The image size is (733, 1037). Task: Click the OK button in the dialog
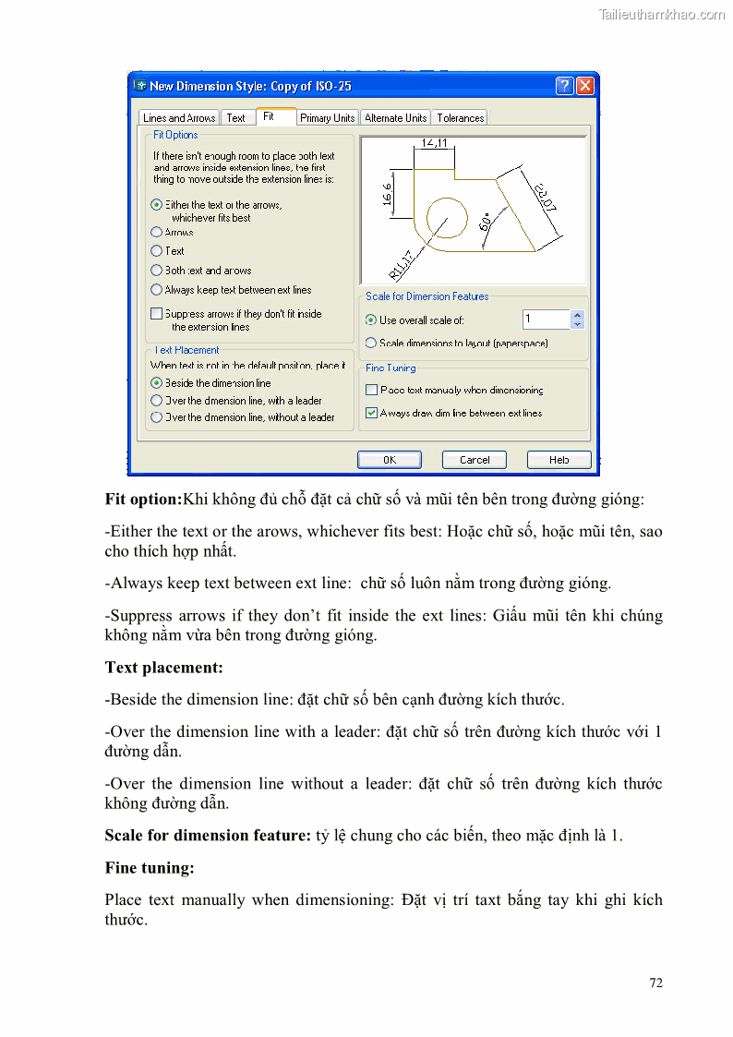(389, 460)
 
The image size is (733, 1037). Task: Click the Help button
(559, 460)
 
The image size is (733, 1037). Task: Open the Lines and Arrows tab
(179, 118)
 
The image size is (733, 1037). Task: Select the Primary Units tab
(327, 118)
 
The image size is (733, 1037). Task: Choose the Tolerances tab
(460, 118)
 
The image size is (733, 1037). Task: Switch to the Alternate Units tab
(395, 118)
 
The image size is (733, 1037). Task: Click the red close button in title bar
(584, 86)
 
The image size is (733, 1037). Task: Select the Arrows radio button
(157, 233)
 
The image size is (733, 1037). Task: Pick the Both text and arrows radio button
(157, 271)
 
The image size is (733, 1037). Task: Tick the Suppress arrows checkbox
(157, 314)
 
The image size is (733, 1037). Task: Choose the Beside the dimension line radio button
(157, 382)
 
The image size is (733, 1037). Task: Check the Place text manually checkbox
(372, 391)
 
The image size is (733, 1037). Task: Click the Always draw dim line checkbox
(372, 413)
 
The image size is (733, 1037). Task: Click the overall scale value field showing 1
(546, 320)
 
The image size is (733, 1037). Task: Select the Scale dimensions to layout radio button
(371, 343)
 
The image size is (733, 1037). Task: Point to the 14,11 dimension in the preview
(434, 143)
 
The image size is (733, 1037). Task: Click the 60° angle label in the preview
(486, 223)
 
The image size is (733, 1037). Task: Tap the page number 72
(655, 983)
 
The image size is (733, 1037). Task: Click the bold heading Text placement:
(163, 667)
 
